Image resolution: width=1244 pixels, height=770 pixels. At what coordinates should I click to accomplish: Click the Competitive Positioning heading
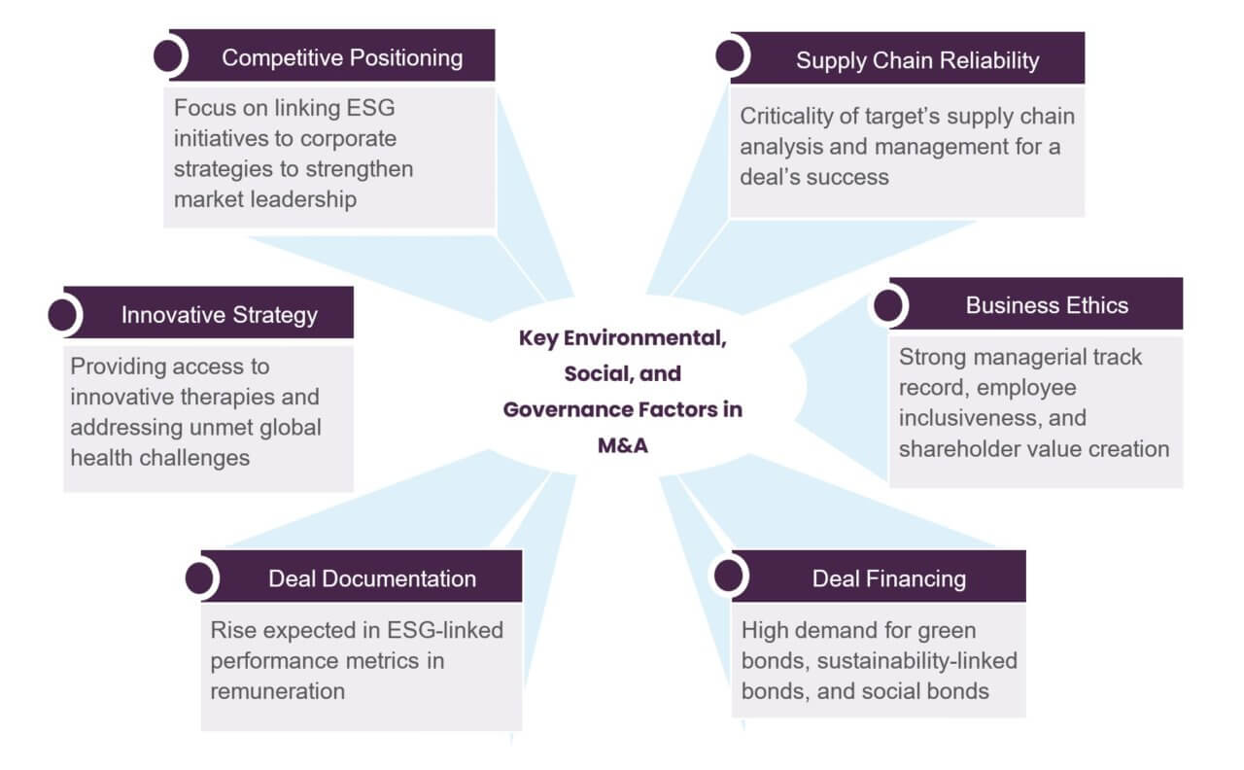pos(342,57)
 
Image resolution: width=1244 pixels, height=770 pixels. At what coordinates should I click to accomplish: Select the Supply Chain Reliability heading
pos(917,60)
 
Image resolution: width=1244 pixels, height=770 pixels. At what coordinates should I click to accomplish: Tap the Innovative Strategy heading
pos(220,315)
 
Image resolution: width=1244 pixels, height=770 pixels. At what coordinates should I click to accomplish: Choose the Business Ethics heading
pos(1047,305)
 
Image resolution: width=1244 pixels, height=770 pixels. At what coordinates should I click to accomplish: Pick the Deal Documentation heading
pos(372,578)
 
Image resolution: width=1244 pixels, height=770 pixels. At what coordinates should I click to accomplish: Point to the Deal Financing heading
pos(889,578)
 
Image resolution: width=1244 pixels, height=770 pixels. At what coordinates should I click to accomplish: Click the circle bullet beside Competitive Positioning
pos(168,55)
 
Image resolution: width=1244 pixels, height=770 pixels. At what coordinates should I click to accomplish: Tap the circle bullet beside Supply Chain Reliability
pos(730,55)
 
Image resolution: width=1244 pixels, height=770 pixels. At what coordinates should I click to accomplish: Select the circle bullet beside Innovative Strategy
pos(62,315)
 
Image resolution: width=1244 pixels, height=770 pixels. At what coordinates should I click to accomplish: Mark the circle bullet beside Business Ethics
pos(888,305)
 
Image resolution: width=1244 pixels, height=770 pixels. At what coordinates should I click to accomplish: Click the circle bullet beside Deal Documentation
pos(199,578)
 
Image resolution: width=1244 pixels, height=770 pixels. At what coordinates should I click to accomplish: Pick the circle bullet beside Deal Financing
pos(729,576)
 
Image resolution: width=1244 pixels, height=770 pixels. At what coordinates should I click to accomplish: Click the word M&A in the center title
pos(623,445)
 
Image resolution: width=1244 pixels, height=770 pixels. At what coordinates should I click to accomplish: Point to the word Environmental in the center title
pos(644,337)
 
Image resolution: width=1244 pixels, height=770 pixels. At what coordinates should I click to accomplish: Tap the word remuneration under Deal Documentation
pos(278,691)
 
